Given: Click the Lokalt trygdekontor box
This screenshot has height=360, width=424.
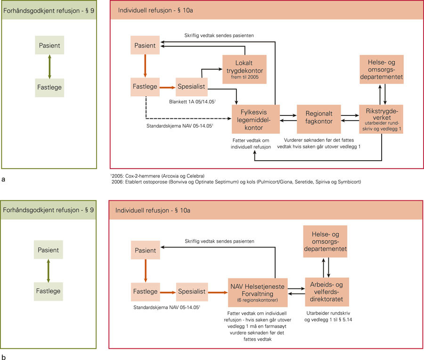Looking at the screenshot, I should click(245, 69).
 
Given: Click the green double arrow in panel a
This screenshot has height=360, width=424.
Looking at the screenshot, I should click(50, 67).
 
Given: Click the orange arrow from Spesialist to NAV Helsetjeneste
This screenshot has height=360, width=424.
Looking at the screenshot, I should click(218, 292).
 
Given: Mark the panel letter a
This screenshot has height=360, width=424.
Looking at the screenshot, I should click(4, 179).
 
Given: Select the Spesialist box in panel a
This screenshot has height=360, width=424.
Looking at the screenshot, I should click(191, 87).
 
